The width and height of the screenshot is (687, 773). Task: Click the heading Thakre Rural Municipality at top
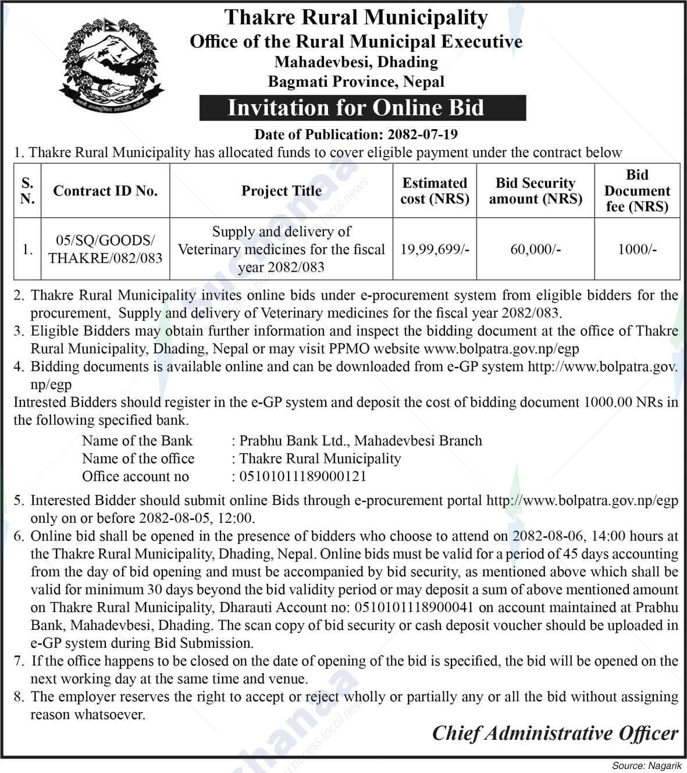pyautogui.click(x=355, y=17)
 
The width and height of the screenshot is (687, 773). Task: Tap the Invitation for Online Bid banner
pyautogui.click(x=355, y=108)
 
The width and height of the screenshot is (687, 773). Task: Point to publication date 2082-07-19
pyautogui.click(x=421, y=134)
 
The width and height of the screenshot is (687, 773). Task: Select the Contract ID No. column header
pyautogui.click(x=105, y=191)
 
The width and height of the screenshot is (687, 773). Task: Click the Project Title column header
pyautogui.click(x=282, y=191)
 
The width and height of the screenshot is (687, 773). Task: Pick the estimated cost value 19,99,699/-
pyautogui.click(x=435, y=250)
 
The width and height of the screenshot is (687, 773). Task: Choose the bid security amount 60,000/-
pyautogui.click(x=535, y=250)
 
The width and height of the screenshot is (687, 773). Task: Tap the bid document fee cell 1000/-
pyautogui.click(x=637, y=250)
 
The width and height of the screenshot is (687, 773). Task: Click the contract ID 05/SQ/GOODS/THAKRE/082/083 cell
pyautogui.click(x=105, y=250)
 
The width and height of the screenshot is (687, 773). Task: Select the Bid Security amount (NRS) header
pyautogui.click(x=535, y=191)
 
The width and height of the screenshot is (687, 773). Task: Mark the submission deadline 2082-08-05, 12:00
pyautogui.click(x=196, y=518)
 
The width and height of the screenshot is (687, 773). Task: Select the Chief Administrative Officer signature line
pyautogui.click(x=554, y=733)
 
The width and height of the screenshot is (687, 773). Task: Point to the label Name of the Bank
pyautogui.click(x=137, y=441)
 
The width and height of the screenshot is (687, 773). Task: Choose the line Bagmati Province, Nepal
pyautogui.click(x=355, y=82)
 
